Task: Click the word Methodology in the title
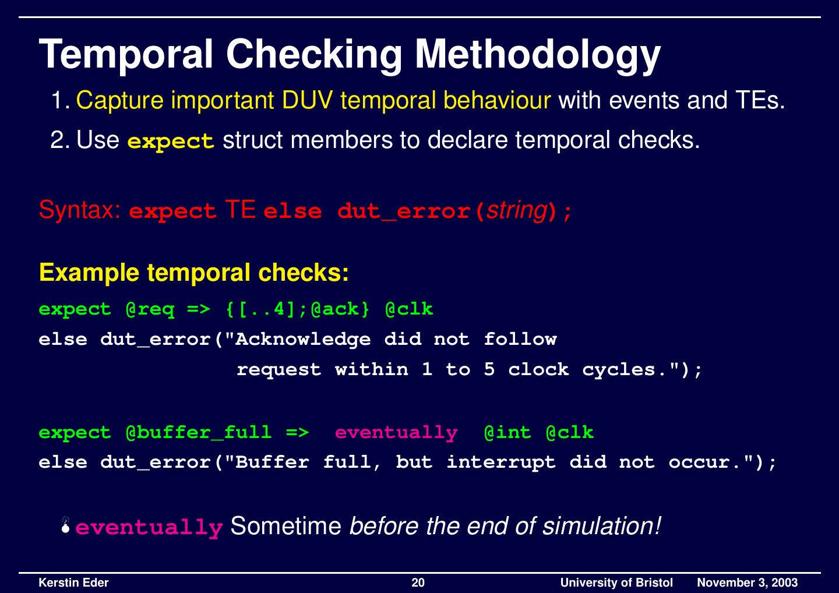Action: [537, 55]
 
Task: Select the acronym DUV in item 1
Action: [307, 101]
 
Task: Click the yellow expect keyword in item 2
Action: [171, 141]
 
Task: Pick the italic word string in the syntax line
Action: [516, 210]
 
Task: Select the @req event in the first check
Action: [150, 309]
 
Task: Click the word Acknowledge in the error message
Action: [302, 339]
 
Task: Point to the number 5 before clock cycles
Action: [489, 369]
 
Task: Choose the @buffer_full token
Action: [198, 432]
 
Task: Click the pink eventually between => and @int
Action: [396, 432]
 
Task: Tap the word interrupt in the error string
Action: [500, 463]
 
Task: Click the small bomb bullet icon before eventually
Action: [67, 526]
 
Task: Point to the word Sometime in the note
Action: [285, 526]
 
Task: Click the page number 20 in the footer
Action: [418, 583]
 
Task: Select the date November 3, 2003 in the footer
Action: [747, 583]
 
